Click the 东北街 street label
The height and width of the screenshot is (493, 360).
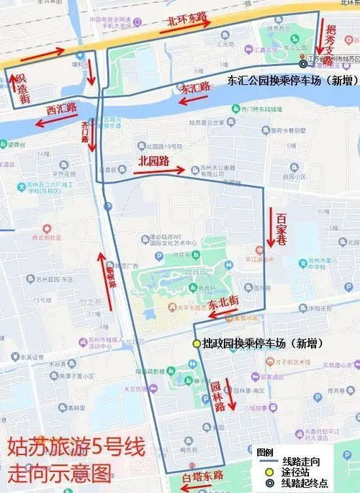[223, 297]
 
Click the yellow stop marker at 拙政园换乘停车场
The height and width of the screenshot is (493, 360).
[196, 344]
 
